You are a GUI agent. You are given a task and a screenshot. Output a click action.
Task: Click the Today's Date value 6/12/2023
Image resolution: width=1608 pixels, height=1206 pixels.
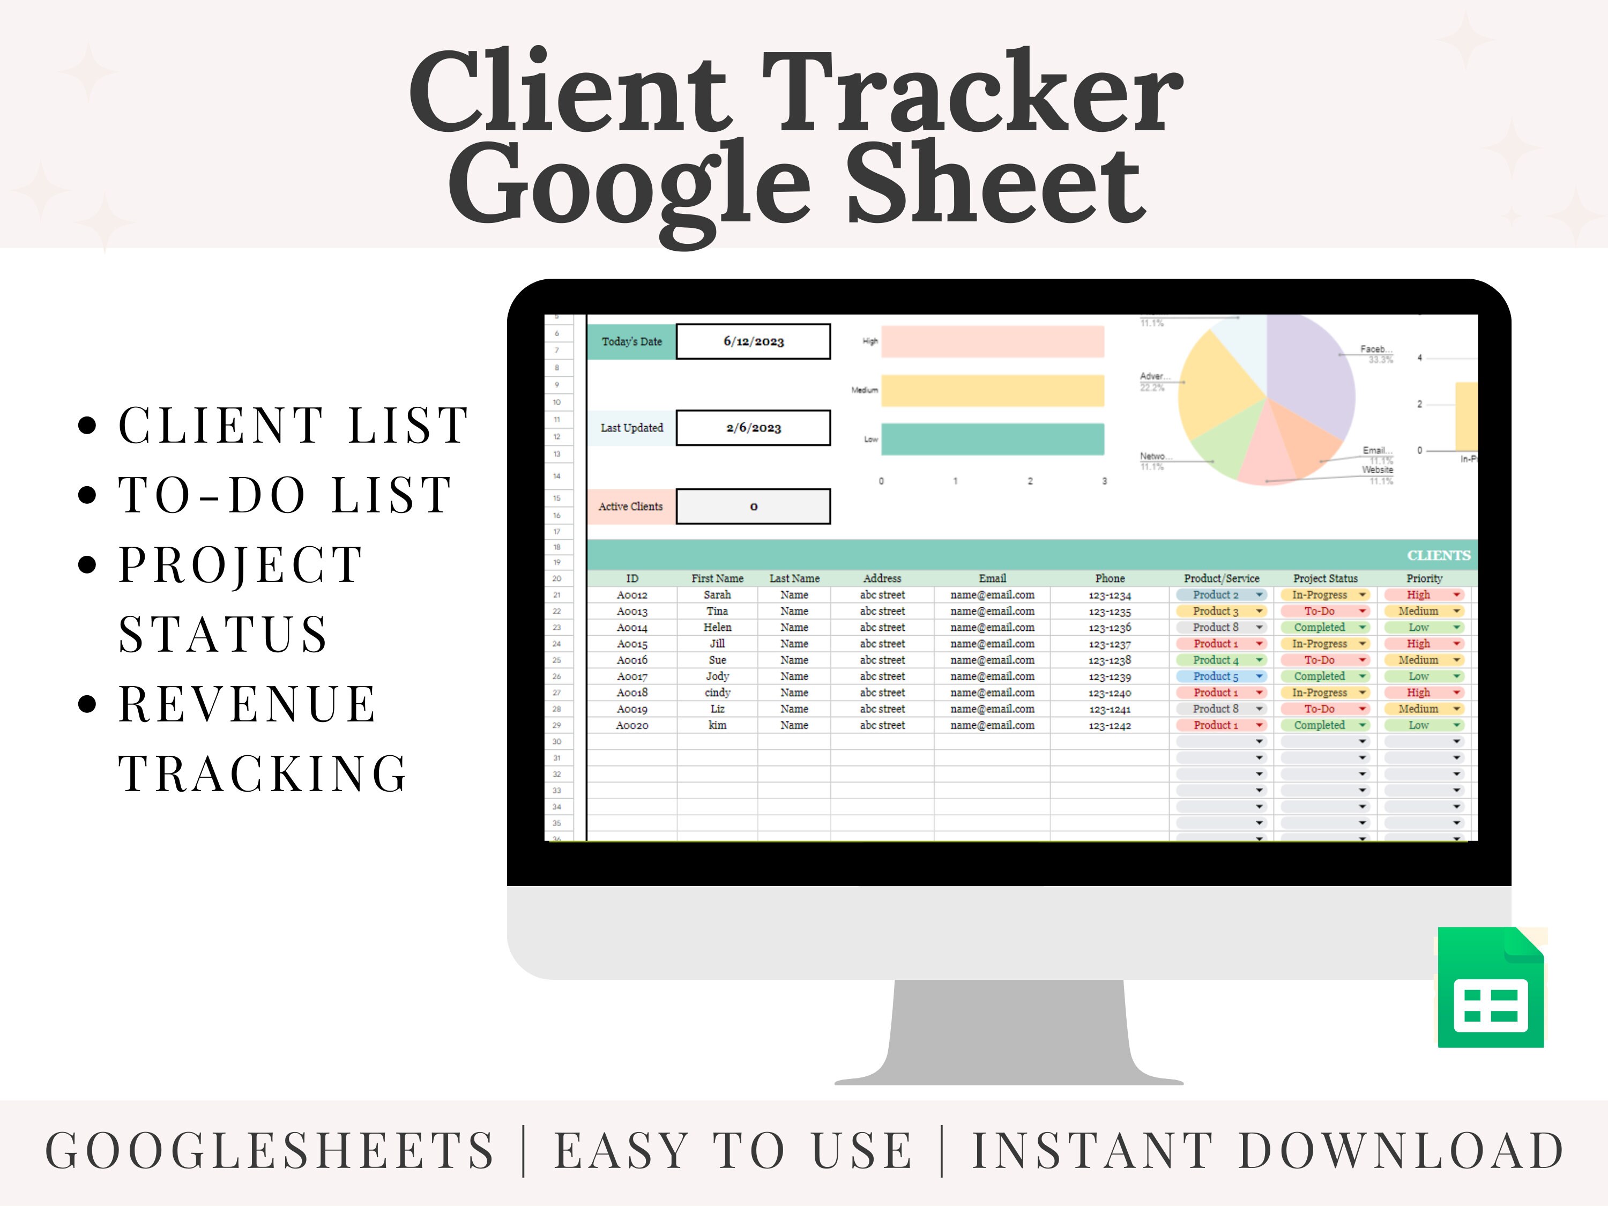753,341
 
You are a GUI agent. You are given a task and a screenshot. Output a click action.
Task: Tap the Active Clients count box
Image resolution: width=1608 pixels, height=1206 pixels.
753,507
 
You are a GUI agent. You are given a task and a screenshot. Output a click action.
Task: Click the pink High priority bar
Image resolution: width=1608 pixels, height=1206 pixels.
992,341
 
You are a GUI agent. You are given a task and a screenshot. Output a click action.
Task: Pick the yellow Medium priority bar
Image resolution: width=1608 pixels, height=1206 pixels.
992,390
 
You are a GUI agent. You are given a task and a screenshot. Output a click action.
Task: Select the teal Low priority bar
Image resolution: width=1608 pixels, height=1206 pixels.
992,439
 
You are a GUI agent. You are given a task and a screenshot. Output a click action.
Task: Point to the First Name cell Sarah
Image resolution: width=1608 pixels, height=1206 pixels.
717,594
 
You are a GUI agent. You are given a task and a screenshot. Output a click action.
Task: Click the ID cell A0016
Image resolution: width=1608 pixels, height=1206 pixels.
632,660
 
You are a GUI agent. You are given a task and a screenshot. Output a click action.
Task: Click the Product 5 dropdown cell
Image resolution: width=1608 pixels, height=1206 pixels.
1221,676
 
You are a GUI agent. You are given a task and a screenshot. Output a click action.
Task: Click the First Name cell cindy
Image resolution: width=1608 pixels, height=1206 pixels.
717,693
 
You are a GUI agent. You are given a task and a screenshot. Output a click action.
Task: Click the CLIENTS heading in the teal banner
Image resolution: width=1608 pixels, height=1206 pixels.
1438,555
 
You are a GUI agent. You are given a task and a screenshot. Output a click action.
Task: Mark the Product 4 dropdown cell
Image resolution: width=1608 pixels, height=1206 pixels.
1221,660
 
